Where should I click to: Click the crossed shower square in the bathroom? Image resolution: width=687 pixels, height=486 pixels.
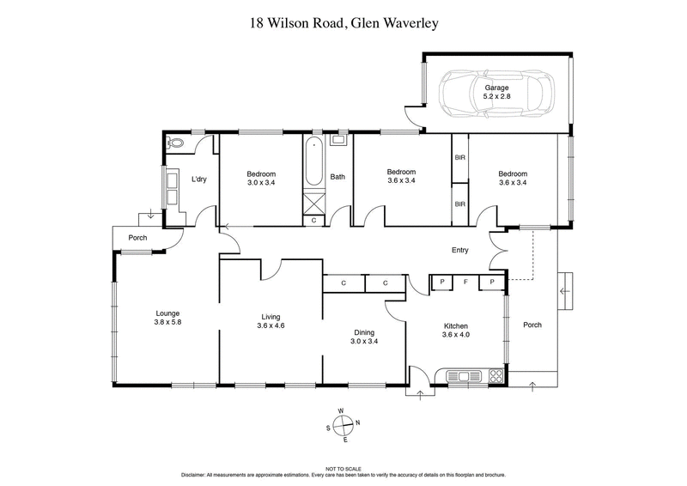pyautogui.click(x=313, y=204)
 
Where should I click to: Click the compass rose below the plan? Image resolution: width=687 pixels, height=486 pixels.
pyautogui.click(x=343, y=426)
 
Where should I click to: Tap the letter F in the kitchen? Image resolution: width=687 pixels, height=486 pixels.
pyautogui.click(x=465, y=282)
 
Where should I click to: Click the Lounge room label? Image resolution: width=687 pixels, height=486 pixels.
pyautogui.click(x=167, y=313)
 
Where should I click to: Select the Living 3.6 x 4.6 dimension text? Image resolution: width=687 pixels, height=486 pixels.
pyautogui.click(x=271, y=325)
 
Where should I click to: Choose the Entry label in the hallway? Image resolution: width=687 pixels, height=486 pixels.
pyautogui.click(x=460, y=251)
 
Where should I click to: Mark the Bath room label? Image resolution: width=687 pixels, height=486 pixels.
pyautogui.click(x=338, y=177)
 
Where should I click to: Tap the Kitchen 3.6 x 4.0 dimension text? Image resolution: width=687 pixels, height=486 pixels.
pyautogui.click(x=455, y=336)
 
